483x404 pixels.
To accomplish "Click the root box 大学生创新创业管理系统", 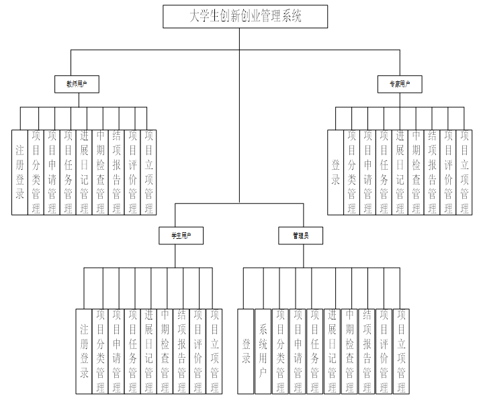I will pos(245,17).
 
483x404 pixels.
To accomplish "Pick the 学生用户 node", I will pos(181,236).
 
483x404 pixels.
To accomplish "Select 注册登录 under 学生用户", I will pos(84,351).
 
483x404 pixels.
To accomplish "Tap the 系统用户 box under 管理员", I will pos(263,351).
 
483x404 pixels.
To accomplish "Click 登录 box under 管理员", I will pos(246,351).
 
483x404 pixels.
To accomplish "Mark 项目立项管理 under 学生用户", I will pos(214,351).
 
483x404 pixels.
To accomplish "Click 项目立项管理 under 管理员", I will pos(400,351).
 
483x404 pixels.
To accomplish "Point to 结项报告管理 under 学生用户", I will pos(181,351).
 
